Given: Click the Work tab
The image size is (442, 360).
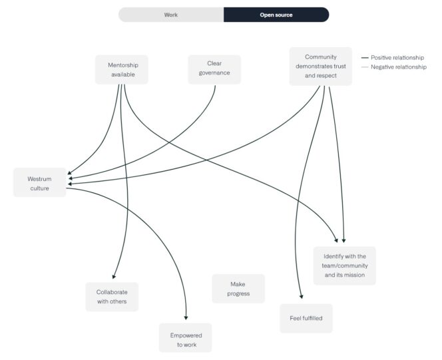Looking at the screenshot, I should pyautogui.click(x=171, y=15).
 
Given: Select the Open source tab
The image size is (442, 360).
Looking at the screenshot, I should pyautogui.click(x=276, y=15).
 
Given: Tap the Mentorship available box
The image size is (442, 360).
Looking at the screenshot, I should pyautogui.click(x=121, y=69).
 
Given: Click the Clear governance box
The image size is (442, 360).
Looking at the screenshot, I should pyautogui.click(x=214, y=69).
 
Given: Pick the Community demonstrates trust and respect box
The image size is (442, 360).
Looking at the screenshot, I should pyautogui.click(x=320, y=67).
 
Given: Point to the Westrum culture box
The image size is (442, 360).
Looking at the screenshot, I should pyautogui.click(x=40, y=183).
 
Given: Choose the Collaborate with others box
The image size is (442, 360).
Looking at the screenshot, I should pyautogui.click(x=112, y=297).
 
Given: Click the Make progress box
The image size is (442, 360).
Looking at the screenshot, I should pyautogui.click(x=238, y=289).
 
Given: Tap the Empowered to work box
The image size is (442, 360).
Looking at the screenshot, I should pyautogui.click(x=186, y=338).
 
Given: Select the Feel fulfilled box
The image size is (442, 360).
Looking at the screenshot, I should pyautogui.click(x=306, y=318).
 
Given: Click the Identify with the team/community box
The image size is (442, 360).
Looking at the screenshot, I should pyautogui.click(x=345, y=266).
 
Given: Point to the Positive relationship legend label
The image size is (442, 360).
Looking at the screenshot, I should pyautogui.click(x=397, y=58).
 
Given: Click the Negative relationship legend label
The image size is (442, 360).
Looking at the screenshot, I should pyautogui.click(x=398, y=67).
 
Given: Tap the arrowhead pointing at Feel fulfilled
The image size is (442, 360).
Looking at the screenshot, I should pyautogui.click(x=302, y=299).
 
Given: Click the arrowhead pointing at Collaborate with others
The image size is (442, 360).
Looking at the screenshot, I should pyautogui.click(x=114, y=277).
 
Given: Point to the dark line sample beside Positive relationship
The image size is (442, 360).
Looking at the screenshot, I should pyautogui.click(x=365, y=58).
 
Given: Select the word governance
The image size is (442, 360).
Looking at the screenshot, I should pyautogui.click(x=214, y=73).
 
